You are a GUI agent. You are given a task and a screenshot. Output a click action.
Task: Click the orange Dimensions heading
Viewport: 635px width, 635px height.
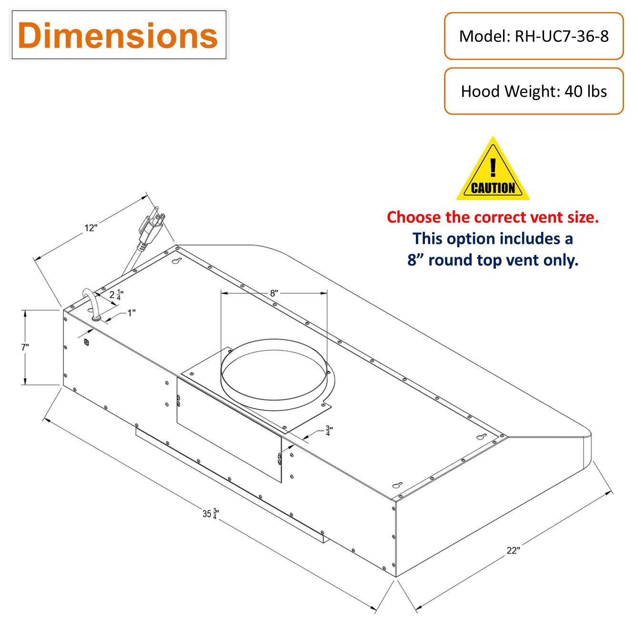[118, 36]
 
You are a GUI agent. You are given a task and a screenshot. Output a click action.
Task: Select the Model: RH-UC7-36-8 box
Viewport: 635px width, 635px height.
[534, 36]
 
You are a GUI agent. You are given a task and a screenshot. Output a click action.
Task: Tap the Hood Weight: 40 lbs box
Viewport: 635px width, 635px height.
[534, 91]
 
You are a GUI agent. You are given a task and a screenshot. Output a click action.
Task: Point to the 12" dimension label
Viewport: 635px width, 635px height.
[91, 228]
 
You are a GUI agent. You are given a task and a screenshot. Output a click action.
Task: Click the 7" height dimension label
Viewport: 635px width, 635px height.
[25, 347]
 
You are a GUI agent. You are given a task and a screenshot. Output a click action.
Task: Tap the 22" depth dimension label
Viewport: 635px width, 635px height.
[513, 551]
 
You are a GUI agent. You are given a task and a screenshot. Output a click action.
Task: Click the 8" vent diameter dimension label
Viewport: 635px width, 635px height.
[274, 293]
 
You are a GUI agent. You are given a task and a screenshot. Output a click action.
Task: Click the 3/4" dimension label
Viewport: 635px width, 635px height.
[329, 431]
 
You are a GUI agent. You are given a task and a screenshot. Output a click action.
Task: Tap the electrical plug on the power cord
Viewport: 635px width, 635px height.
[151, 229]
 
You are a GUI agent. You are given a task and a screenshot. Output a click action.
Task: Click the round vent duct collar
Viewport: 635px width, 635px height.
[274, 375]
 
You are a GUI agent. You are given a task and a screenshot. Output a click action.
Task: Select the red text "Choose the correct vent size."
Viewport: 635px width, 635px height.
[493, 217]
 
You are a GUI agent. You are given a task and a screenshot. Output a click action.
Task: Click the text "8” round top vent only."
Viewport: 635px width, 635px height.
[493, 260]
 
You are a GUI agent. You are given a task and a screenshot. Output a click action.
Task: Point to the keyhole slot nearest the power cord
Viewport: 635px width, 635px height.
[177, 262]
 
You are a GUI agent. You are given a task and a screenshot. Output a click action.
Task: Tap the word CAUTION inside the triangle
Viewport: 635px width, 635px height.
[493, 188]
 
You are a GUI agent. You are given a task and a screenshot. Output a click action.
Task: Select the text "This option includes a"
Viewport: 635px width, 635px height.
[493, 239]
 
